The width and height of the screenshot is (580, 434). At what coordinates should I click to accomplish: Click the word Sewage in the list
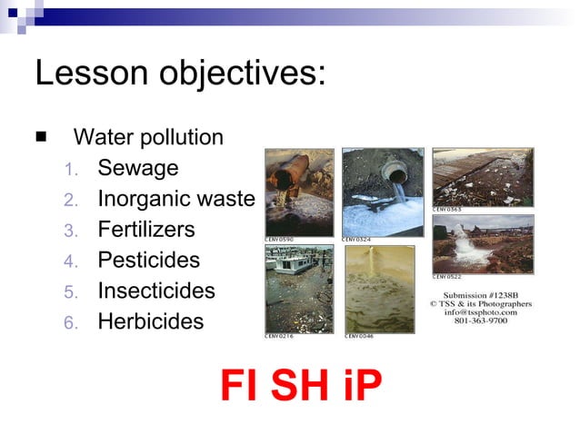[138, 168]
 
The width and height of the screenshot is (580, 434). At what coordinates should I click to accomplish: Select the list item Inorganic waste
[176, 199]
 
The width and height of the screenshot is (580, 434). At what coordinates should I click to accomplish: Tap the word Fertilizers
[146, 230]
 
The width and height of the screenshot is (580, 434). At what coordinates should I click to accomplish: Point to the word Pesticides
[148, 261]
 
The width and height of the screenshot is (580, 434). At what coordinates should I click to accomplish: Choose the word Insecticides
[156, 291]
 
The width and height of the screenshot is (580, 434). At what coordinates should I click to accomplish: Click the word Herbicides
[151, 322]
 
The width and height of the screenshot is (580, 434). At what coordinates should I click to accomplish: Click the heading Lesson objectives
[180, 74]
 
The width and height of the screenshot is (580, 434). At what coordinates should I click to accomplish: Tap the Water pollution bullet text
[148, 137]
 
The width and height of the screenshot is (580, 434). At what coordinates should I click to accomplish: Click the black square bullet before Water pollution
[41, 137]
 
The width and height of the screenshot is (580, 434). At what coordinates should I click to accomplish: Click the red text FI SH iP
[301, 385]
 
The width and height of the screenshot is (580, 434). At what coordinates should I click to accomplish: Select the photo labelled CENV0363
[483, 177]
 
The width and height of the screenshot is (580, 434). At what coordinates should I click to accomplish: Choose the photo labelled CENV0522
[483, 243]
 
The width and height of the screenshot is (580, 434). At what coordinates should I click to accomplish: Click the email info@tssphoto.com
[482, 312]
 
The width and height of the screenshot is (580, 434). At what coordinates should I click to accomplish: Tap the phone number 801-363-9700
[482, 321]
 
